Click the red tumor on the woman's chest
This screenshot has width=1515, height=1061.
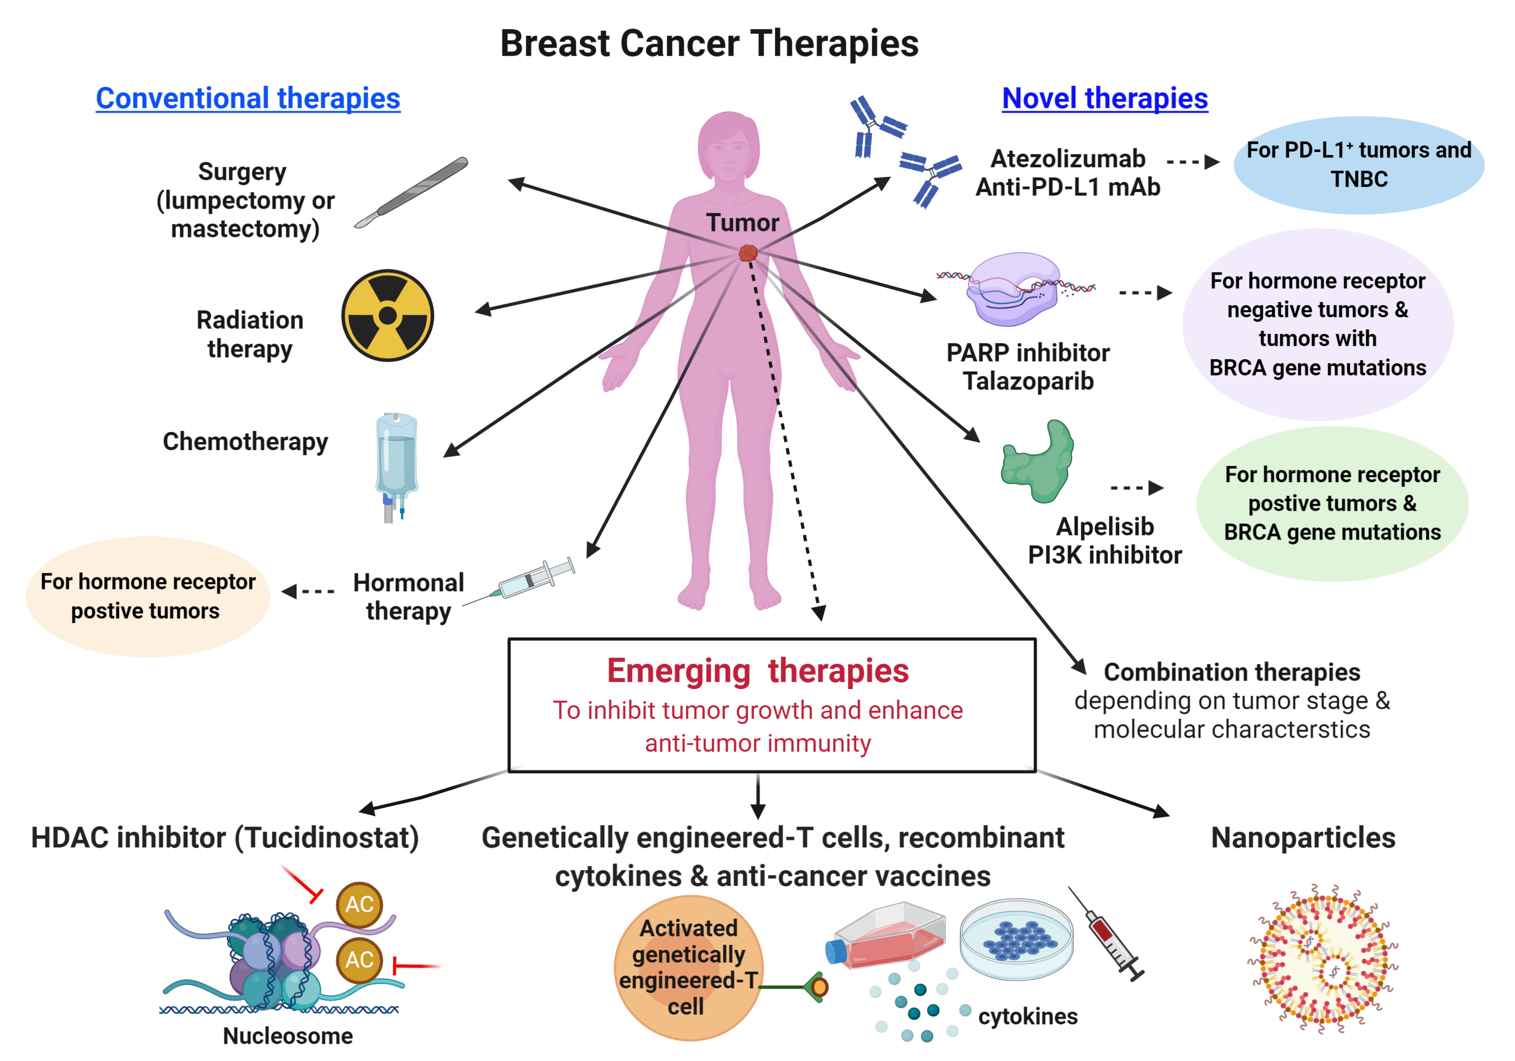(747, 252)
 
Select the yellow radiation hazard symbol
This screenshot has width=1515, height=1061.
(387, 316)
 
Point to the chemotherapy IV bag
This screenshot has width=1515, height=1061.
(396, 462)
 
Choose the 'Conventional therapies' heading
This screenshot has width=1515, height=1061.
(247, 99)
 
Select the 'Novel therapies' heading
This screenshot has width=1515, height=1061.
(1104, 99)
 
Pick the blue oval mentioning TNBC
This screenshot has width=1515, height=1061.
(1358, 165)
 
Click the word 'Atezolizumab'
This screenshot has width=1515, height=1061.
(1068, 159)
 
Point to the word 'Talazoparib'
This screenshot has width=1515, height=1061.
(1028, 381)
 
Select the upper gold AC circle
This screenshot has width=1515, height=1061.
(359, 904)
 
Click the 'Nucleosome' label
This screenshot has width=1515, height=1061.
(288, 1036)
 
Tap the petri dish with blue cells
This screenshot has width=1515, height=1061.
(1016, 938)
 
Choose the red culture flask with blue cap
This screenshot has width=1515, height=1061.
(887, 938)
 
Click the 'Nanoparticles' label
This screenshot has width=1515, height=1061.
(1303, 837)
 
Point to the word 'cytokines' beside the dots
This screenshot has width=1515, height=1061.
(1027, 1016)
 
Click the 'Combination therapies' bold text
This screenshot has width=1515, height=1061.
(1232, 672)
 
